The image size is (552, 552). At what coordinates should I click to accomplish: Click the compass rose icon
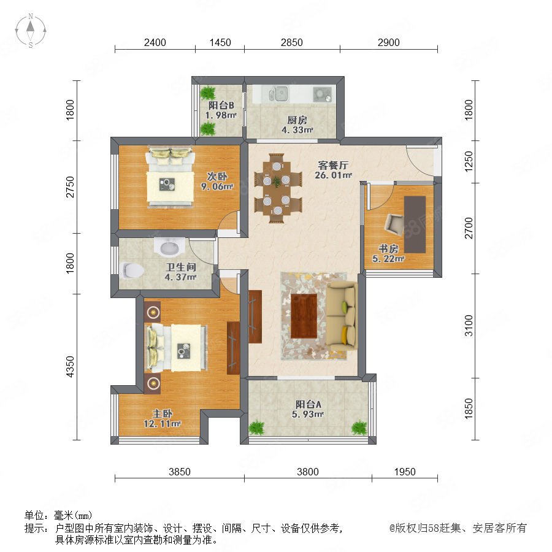(31, 31)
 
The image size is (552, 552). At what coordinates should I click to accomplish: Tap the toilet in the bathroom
(131, 270)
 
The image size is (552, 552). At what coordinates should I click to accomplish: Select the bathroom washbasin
(169, 247)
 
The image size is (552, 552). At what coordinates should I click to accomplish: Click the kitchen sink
(278, 94)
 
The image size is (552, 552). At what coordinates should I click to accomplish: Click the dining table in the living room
(278, 188)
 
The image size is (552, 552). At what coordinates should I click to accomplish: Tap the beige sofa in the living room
(341, 316)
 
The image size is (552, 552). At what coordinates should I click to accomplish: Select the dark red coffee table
(304, 316)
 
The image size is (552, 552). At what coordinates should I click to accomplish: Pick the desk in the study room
(415, 224)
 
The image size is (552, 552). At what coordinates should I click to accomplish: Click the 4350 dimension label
(71, 367)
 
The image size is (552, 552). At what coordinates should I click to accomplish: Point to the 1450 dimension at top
(220, 42)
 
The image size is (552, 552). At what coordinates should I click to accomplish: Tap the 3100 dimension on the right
(469, 326)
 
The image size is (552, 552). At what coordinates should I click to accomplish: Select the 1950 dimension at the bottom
(405, 472)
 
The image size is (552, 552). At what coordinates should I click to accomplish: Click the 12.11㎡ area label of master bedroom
(162, 423)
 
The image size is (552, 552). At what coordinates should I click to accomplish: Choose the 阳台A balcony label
(308, 404)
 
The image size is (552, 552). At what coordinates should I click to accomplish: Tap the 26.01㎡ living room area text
(333, 175)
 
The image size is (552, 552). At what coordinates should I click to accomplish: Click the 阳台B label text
(221, 105)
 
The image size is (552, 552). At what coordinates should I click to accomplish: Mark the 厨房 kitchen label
(297, 120)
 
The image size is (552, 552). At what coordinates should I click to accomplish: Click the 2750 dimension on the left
(71, 186)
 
